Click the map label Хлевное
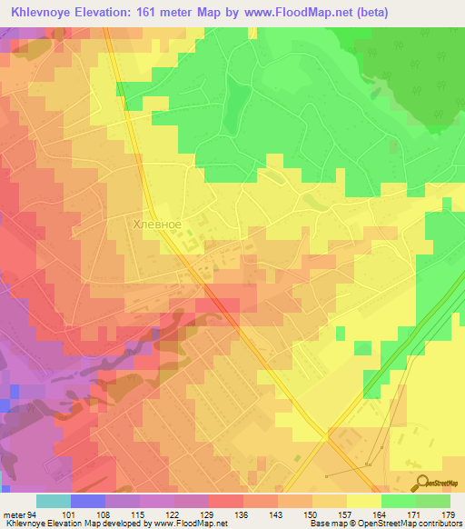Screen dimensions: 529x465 (157, 224)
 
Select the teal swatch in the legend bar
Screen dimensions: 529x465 (54, 501)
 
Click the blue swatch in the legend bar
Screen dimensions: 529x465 (88, 501)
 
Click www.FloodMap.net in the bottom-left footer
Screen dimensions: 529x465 (190, 524)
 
